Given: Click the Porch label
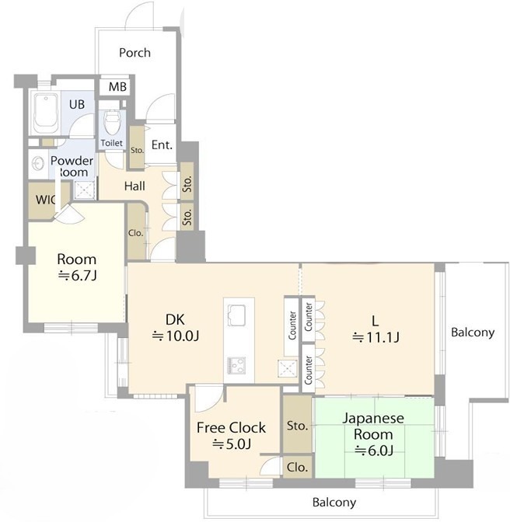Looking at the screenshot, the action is tap(134, 53).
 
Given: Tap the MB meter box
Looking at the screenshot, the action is tap(115, 86).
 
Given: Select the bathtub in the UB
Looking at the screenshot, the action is tap(46, 112).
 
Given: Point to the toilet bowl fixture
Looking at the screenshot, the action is tap(112, 123).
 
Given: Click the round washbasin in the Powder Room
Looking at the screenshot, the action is tap(37, 164).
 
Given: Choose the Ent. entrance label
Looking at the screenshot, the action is tap(162, 144).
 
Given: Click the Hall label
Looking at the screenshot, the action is tap(134, 186).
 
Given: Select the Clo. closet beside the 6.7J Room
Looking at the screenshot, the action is tap(136, 231).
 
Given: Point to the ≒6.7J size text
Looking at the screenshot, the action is tap(77, 276).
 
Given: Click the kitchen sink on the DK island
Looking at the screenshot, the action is tap(236, 315).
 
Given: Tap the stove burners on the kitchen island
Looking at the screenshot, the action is tap(236, 365).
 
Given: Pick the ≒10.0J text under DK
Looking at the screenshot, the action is tap(176, 336).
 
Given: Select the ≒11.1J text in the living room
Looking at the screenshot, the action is tap(376, 337).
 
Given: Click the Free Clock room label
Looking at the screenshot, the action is tap(231, 428).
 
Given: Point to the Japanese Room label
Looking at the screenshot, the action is tap(373, 426).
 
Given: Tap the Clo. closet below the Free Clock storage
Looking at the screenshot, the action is tap(298, 468).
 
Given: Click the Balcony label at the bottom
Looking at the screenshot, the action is tap(334, 502).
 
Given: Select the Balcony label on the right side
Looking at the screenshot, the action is tap(473, 332).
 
